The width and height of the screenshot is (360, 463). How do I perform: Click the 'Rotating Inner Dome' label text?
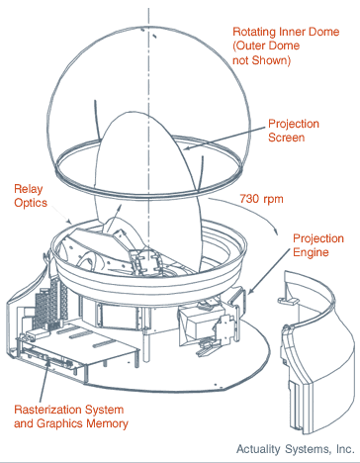click(286, 32)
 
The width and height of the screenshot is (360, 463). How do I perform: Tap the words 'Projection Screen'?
click(294, 131)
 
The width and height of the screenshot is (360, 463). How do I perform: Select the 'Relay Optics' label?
click(31, 196)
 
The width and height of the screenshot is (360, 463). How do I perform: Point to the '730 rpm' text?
click(261, 199)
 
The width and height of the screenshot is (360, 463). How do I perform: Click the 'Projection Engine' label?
click(318, 245)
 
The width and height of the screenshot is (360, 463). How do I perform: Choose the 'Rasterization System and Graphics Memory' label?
click(71, 417)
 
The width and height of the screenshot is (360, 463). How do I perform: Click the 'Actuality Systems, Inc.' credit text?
click(296, 449)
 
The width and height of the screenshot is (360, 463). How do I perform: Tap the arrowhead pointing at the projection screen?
click(186, 148)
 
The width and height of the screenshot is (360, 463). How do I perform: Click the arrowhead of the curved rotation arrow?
click(275, 231)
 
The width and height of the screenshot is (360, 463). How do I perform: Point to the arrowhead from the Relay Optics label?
click(69, 222)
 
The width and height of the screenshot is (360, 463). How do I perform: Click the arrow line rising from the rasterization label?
click(45, 379)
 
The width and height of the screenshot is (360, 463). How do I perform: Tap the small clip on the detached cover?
click(286, 300)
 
